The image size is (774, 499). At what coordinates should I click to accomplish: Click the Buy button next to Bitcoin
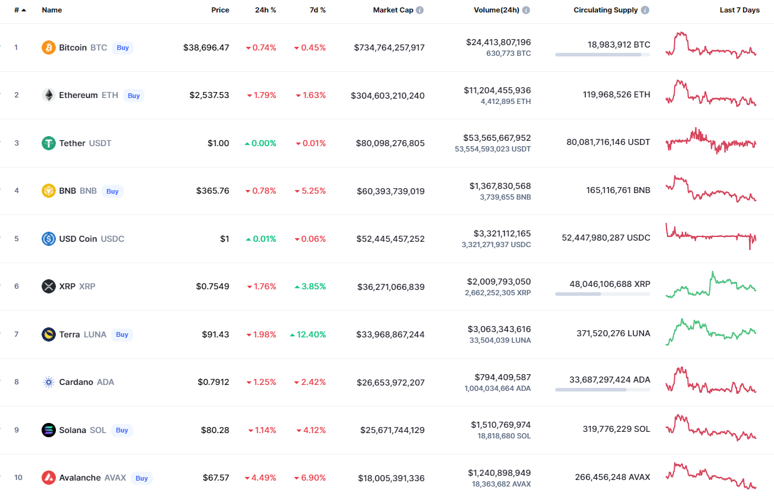coord(122,48)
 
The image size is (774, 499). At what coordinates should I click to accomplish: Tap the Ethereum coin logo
coord(49,95)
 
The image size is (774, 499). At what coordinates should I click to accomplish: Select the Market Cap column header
coord(393,10)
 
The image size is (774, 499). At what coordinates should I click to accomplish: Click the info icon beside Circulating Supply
coord(645,10)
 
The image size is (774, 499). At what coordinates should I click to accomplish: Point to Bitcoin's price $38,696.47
coord(206,48)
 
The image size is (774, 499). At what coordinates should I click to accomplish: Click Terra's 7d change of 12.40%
coord(308,334)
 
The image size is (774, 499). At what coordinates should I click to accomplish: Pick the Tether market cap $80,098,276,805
coord(391,143)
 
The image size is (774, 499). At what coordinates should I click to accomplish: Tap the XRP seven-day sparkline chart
coord(711,285)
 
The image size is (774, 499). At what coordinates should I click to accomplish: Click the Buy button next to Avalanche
coord(141,478)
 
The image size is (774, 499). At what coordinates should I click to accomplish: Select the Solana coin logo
coord(49,430)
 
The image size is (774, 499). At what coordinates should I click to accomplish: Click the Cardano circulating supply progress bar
coord(602,390)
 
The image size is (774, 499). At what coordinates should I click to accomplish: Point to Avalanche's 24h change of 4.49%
coord(261,478)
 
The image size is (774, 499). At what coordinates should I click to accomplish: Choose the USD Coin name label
coord(78,239)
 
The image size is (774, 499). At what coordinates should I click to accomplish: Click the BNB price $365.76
coord(213,191)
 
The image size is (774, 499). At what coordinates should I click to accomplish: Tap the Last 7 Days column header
coord(740,10)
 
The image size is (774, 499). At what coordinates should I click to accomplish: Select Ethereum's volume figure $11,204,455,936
coord(498,90)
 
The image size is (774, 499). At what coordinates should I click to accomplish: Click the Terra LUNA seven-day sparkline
coord(711,331)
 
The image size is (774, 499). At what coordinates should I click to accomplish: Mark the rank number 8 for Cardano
coord(17,382)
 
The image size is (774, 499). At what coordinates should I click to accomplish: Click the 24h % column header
coord(265,10)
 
